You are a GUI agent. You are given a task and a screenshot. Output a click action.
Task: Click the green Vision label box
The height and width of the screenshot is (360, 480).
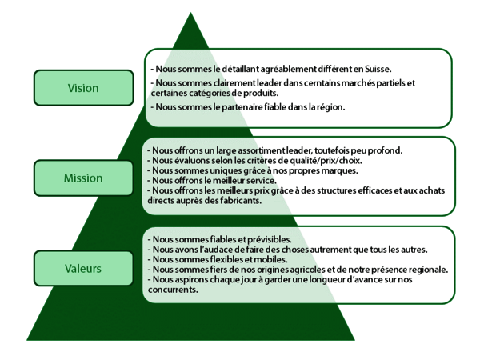[83, 88]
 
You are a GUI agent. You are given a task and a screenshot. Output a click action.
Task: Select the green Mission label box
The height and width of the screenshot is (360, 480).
[83, 178]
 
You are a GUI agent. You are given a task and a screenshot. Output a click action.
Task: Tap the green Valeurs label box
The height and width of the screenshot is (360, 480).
[83, 268]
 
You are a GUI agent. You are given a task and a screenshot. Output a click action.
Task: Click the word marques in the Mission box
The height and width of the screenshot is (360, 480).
[339, 170]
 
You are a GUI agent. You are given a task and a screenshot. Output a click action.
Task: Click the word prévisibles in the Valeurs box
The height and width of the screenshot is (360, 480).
[266, 239]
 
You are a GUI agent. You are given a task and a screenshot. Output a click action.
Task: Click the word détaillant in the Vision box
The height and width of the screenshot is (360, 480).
[230, 70]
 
